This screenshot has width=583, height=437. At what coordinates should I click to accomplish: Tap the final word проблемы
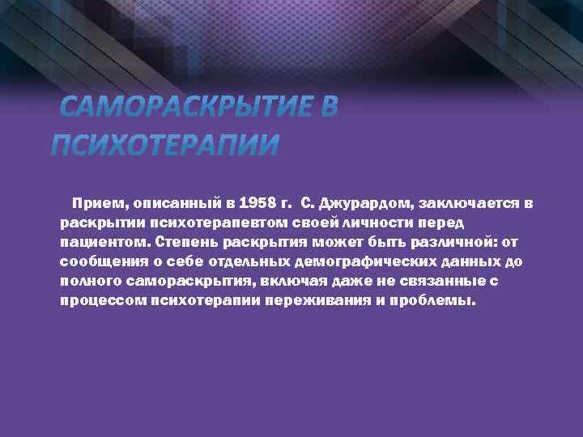[x=438, y=300]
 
